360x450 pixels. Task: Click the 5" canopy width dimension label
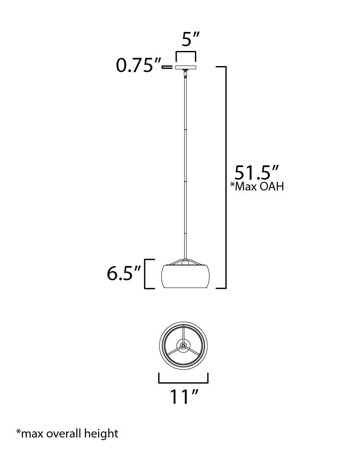(x=190, y=40)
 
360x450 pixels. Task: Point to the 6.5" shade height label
(x=124, y=274)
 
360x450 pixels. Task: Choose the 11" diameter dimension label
(x=184, y=397)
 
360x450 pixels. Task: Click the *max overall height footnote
(x=67, y=433)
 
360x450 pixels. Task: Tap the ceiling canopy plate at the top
(x=185, y=67)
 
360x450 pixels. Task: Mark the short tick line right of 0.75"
(x=167, y=67)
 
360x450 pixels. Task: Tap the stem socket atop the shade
(x=185, y=262)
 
